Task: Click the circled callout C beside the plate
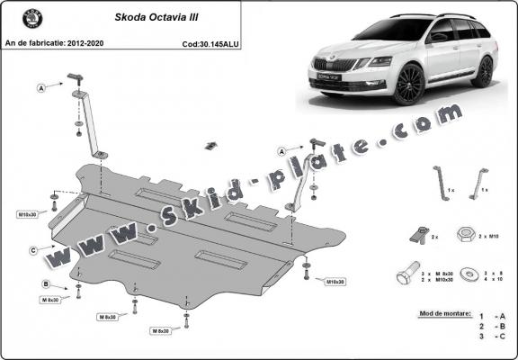[32, 249]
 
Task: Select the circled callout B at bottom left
[45, 284]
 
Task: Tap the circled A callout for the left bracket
[41, 87]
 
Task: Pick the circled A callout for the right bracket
[282, 150]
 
